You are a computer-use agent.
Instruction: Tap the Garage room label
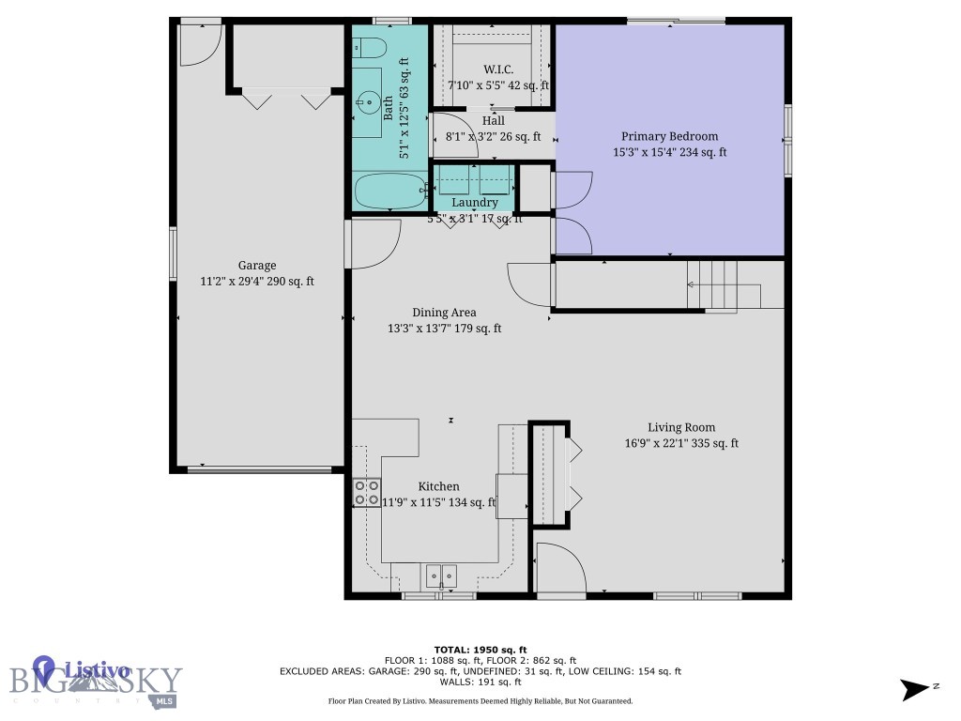256,266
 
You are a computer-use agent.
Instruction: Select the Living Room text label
681,428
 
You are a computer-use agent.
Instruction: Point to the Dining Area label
444,313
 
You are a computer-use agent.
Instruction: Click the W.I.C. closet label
497,69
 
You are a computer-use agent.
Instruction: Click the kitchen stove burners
366,492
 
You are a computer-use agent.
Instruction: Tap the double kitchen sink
440,574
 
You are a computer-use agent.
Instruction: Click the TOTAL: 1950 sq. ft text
480,650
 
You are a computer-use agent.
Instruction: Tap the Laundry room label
474,203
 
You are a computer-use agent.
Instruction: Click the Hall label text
493,121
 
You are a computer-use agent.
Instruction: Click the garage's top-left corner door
199,43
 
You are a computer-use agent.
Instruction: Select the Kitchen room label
438,486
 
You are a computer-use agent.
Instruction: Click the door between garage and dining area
373,242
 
